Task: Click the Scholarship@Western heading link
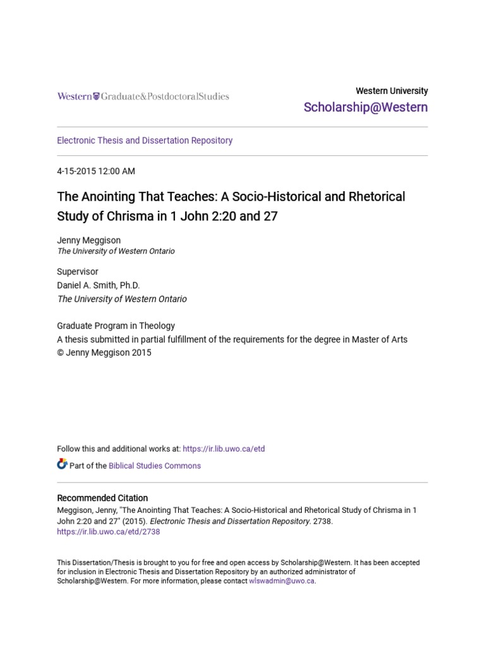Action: (365, 107)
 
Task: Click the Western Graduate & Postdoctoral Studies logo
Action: (143, 97)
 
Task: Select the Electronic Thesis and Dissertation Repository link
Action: (145, 141)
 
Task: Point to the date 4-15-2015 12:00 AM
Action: (96, 171)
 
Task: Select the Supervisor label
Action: (78, 272)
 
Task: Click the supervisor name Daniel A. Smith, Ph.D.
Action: (99, 285)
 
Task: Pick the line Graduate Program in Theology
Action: (116, 326)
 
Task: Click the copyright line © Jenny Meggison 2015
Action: (104, 353)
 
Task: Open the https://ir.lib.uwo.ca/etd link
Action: (224, 449)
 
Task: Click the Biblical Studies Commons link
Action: (155, 466)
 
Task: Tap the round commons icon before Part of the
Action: (62, 465)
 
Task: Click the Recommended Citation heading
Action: (102, 498)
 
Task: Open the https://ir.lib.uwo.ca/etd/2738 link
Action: (109, 532)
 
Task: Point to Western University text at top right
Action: (392, 91)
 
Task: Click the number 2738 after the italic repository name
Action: (322, 521)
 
